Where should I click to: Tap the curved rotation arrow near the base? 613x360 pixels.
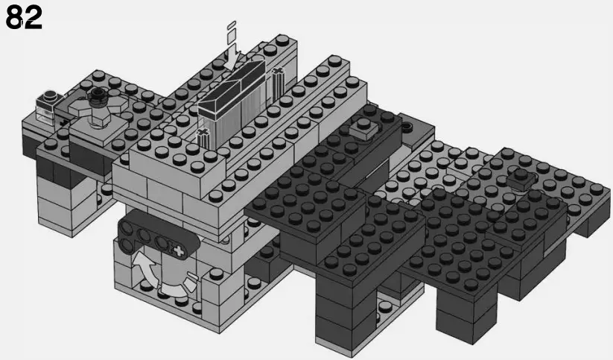[146, 269]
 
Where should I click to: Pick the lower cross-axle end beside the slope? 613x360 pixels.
[202, 137]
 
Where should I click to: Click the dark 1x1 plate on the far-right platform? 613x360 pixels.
[521, 177]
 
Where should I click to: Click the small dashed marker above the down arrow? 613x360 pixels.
[232, 29]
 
